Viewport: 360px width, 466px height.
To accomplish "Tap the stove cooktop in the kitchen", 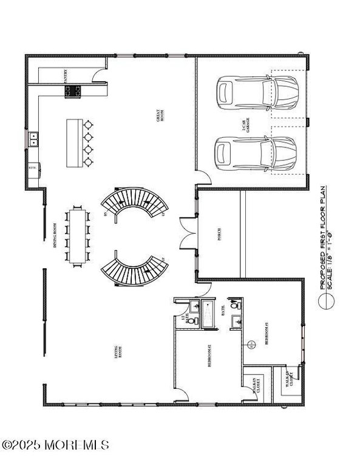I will tap(73, 92).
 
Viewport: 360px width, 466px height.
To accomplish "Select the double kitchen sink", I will tap(33, 139).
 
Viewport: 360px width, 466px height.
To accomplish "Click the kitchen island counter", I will tap(74, 143).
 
